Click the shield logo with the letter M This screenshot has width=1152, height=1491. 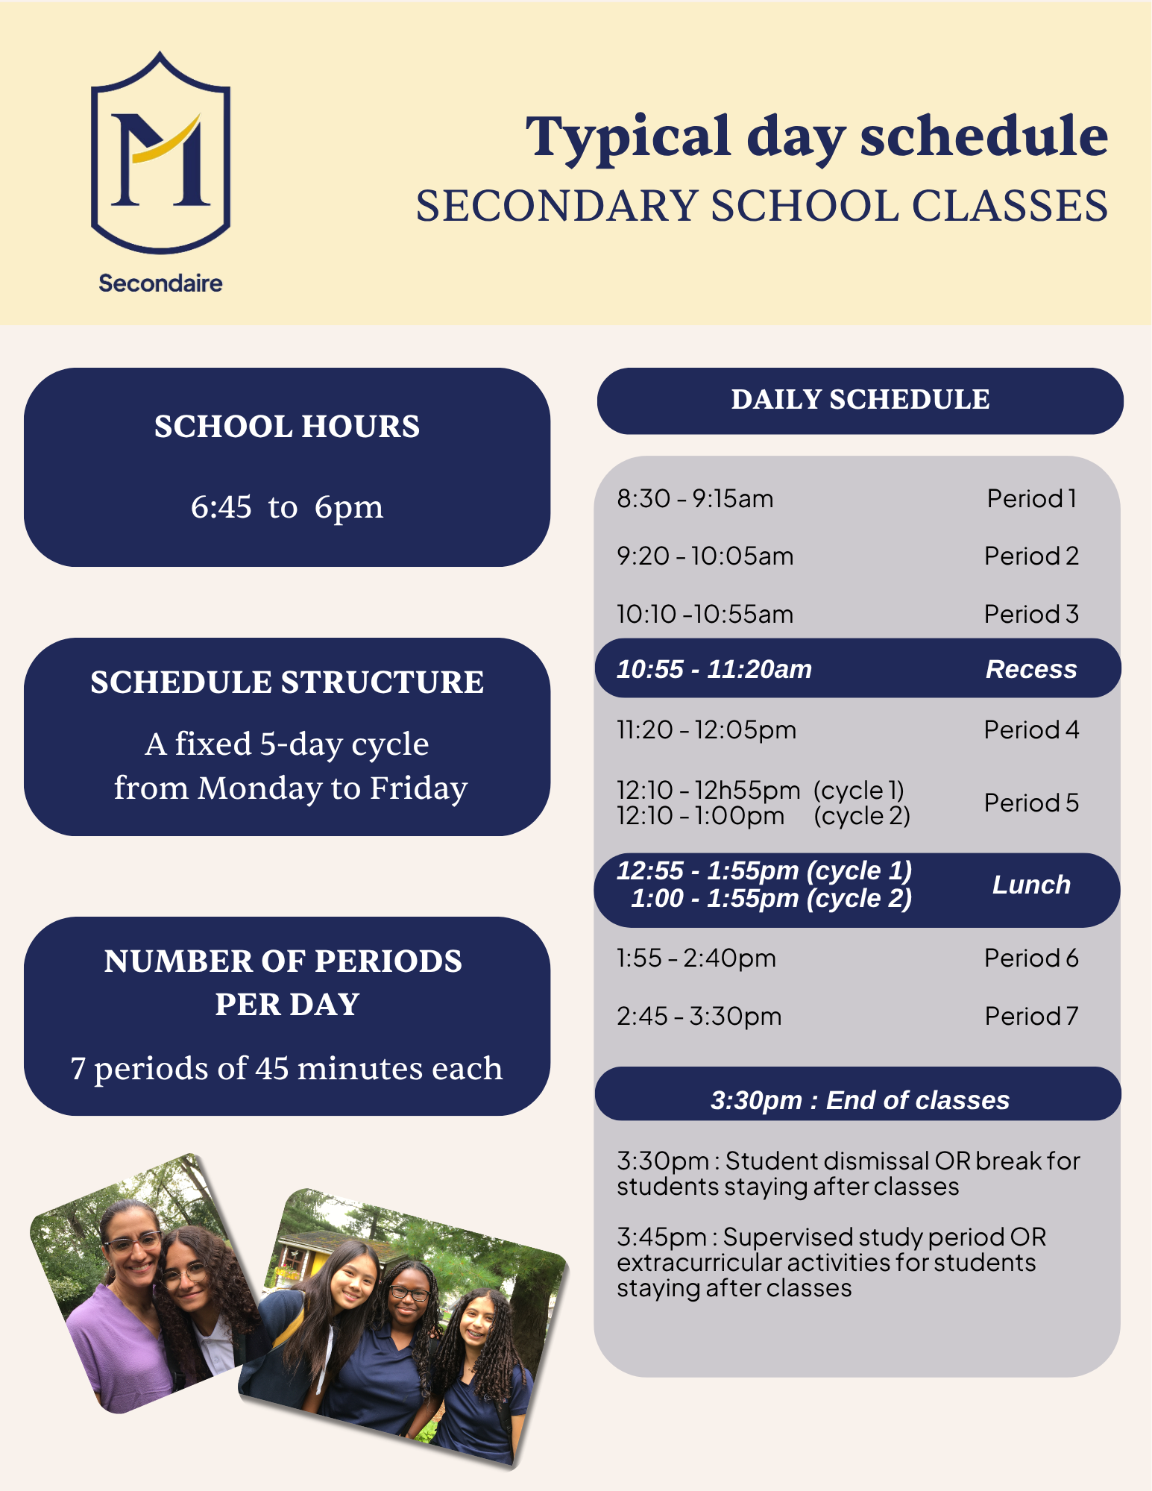(160, 153)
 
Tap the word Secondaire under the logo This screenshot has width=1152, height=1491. (160, 283)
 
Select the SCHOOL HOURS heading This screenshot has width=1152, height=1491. (287, 427)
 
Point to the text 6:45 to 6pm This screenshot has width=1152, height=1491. (287, 507)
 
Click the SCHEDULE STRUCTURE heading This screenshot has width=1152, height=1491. (287, 682)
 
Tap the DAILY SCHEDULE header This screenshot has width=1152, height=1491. (860, 400)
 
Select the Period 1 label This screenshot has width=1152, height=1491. (1032, 498)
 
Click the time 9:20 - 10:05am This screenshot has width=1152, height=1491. (705, 556)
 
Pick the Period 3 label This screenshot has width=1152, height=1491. (1031, 614)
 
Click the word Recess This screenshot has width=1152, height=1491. (1031, 669)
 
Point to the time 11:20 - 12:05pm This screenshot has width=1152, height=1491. (706, 729)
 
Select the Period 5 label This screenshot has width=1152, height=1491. (1031, 803)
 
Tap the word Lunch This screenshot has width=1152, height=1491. (1031, 885)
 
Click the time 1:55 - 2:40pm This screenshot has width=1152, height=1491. (696, 958)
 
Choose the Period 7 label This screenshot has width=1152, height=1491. (1031, 1016)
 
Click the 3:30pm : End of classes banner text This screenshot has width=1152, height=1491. (860, 1100)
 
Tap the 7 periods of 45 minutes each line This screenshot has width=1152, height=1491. (287, 1068)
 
